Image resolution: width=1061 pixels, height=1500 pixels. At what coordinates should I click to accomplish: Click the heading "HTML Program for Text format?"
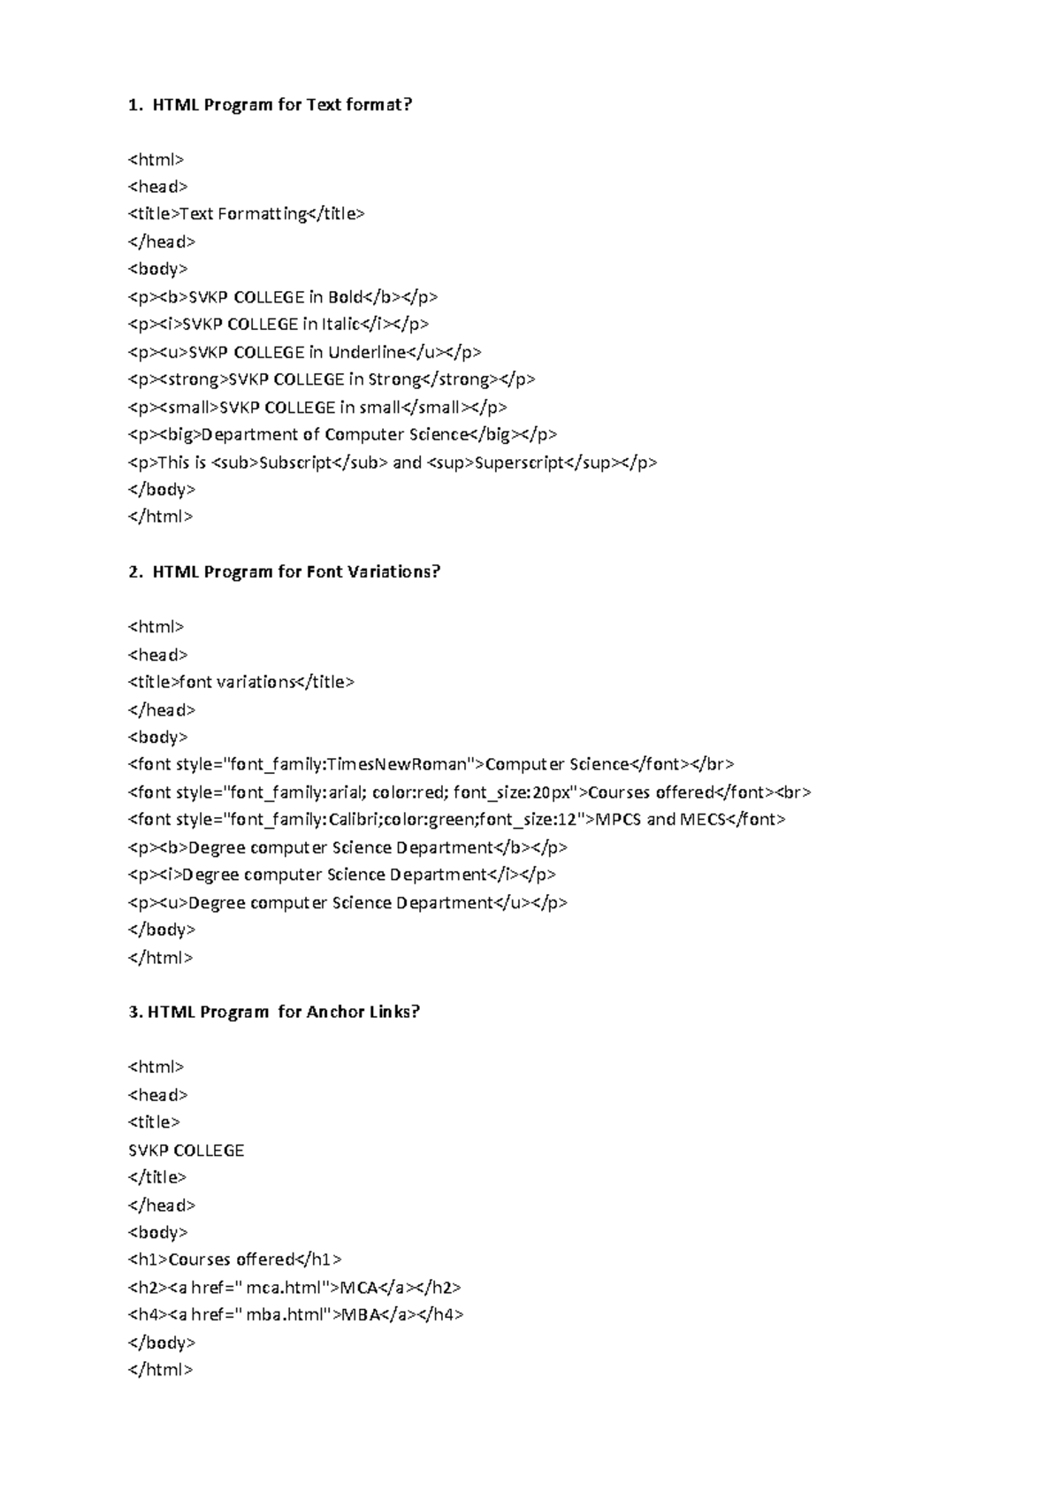[x=281, y=105]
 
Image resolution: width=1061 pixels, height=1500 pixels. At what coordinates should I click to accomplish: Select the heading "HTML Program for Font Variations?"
[x=295, y=572]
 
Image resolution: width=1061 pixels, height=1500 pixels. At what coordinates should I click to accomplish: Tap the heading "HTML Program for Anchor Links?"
[x=283, y=1012]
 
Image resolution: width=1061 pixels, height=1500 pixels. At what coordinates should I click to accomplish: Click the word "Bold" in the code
[x=346, y=297]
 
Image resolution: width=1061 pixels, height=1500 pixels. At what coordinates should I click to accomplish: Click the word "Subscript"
[x=295, y=463]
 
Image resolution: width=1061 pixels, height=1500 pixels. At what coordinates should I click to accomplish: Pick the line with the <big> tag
[x=342, y=434]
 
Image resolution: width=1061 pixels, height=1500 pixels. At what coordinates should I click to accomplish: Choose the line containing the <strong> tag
[x=332, y=379]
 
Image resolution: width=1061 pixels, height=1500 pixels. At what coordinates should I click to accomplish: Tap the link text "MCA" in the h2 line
[x=359, y=1288]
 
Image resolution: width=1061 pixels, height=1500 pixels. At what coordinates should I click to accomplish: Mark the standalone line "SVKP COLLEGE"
[x=186, y=1151]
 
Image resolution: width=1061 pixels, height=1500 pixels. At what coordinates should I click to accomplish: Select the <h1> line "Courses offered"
[x=234, y=1259]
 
